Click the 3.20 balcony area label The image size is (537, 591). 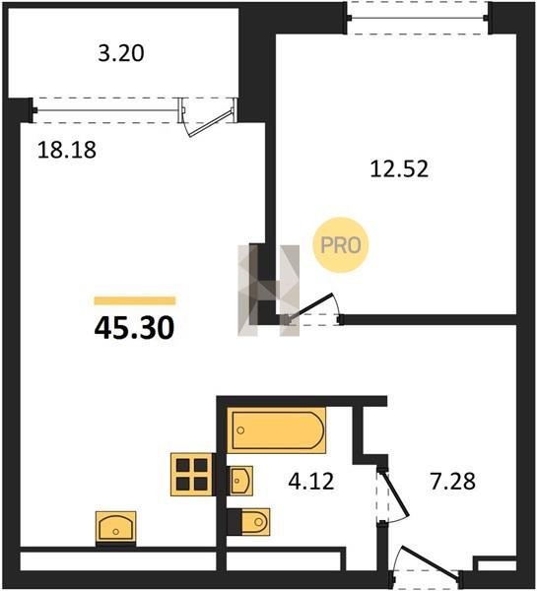[x=121, y=53]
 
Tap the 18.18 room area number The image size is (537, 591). [x=67, y=150]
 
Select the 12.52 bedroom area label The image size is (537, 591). [x=399, y=168]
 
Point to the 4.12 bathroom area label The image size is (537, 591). [x=311, y=482]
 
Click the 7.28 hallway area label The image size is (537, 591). [x=453, y=482]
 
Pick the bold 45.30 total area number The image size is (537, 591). [x=134, y=328]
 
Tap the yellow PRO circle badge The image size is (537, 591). [x=341, y=245]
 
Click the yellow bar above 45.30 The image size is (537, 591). [x=135, y=300]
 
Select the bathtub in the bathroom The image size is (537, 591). [x=277, y=430]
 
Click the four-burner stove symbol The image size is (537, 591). [x=191, y=474]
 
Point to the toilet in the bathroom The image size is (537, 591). [x=249, y=522]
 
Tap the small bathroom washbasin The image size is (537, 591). [x=240, y=481]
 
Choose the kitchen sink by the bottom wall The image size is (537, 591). [x=115, y=527]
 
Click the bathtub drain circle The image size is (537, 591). [x=241, y=430]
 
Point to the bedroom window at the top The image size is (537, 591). [x=419, y=18]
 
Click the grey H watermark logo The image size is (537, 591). [x=268, y=291]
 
